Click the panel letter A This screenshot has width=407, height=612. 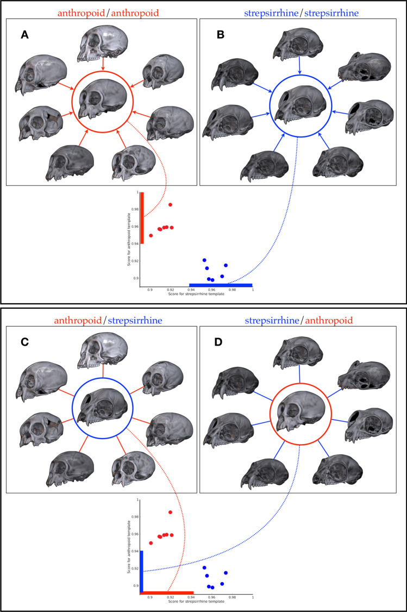click(24, 35)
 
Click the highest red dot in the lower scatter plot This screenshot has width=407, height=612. click(171, 512)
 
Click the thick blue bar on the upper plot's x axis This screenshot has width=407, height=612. click(220, 285)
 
